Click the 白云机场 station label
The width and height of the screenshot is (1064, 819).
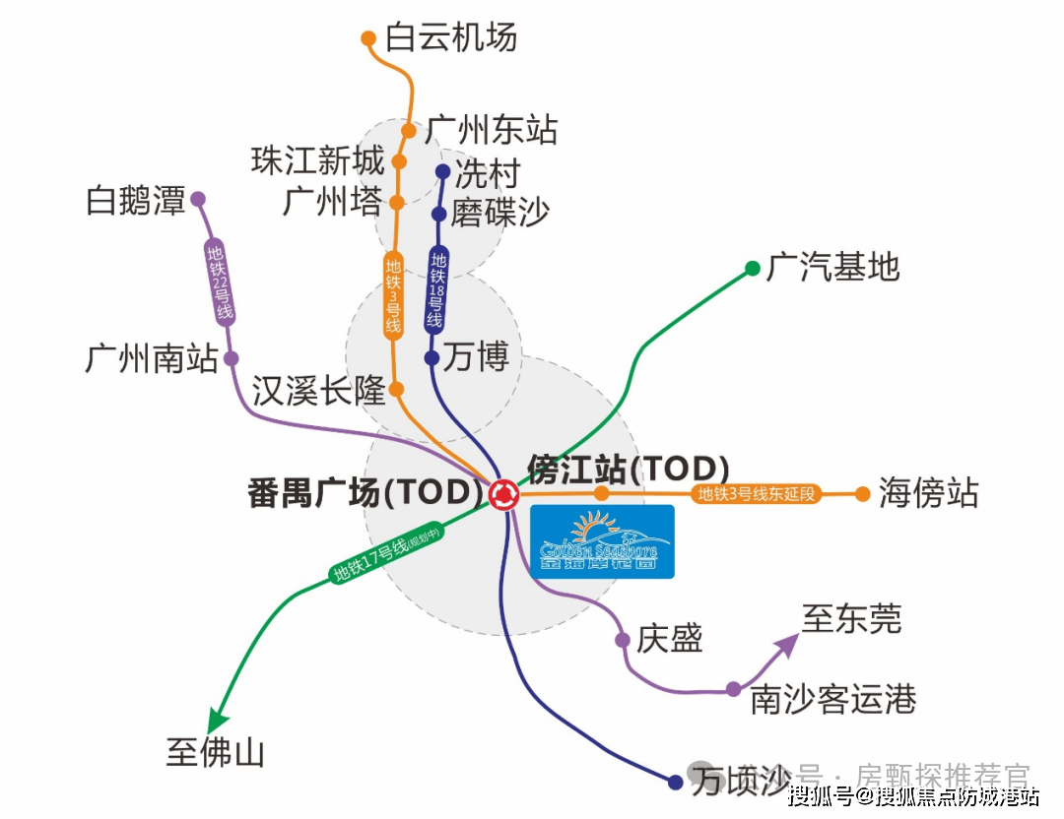pyautogui.click(x=451, y=37)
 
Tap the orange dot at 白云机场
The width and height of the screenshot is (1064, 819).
pyautogui.click(x=368, y=39)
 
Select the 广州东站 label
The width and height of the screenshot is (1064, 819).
pyautogui.click(x=492, y=130)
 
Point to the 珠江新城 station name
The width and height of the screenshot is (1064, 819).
pyautogui.click(x=317, y=160)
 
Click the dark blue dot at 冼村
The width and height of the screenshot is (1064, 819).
pyautogui.click(x=443, y=172)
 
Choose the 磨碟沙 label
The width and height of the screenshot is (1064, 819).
pyautogui.click(x=500, y=213)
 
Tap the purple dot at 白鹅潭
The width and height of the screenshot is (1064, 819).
pyautogui.click(x=198, y=199)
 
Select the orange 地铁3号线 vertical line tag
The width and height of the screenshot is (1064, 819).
pyautogui.click(x=394, y=295)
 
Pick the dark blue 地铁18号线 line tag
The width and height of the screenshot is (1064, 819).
pyautogui.click(x=436, y=289)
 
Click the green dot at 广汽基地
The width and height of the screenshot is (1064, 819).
pyautogui.click(x=752, y=268)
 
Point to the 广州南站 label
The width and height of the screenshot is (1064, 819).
pyautogui.click(x=152, y=358)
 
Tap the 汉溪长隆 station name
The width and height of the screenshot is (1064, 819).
pyautogui.click(x=317, y=391)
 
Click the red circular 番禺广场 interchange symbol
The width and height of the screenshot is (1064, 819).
pyautogui.click(x=503, y=493)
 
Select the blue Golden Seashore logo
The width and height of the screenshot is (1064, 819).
pyautogui.click(x=602, y=540)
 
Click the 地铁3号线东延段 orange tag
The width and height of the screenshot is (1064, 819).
pyautogui.click(x=758, y=494)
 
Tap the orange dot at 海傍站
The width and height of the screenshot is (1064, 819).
pyautogui.click(x=863, y=494)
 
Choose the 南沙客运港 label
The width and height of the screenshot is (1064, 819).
pyautogui.click(x=832, y=700)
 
